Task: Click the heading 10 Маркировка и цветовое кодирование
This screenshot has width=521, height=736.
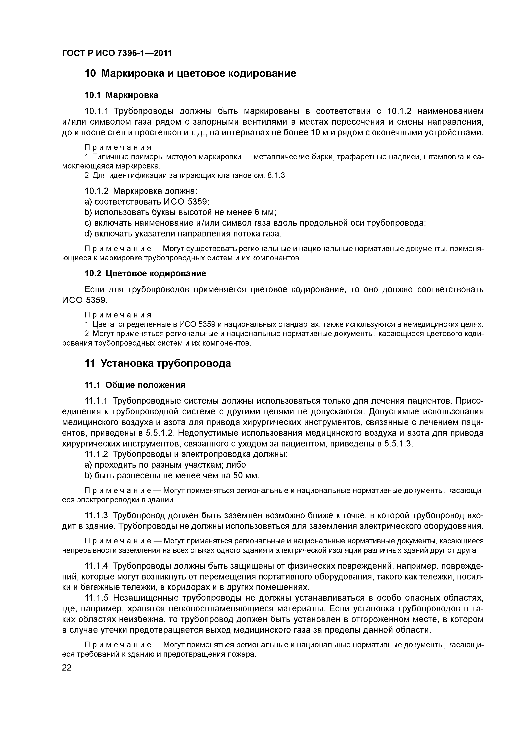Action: click(190, 74)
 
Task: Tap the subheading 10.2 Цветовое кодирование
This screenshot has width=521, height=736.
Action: click(145, 273)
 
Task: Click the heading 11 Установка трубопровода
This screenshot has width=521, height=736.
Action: click(158, 364)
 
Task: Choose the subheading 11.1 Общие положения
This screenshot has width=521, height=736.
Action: click(135, 385)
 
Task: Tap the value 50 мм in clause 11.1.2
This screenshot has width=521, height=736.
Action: click(246, 476)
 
